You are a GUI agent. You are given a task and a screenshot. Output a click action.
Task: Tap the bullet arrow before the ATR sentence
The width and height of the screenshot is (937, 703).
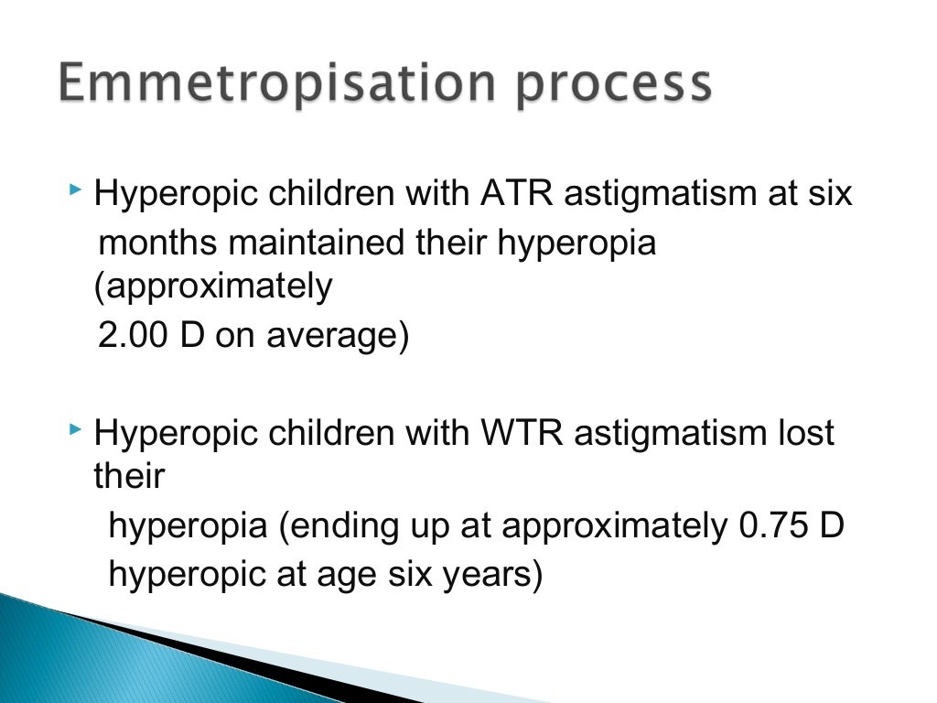point(76,191)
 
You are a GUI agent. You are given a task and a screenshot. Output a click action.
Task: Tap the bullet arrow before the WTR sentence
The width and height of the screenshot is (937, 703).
point(76,429)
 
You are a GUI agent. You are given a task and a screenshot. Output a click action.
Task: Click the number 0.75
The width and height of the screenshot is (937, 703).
point(776,526)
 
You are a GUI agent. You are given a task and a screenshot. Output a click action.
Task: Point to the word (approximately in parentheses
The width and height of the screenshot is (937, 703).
point(213,287)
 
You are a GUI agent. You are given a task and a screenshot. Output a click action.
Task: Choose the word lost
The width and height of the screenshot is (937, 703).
point(802,432)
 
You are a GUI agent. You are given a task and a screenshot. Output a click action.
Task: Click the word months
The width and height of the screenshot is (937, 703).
point(158,243)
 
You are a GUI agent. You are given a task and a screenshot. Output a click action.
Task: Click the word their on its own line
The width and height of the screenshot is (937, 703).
point(129,476)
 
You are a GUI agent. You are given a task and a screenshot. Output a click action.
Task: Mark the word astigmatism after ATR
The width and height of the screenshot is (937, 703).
point(655,194)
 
